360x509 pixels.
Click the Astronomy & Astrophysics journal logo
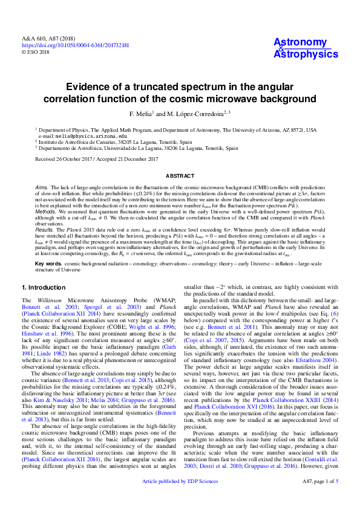[306, 48]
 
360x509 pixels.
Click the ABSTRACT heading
[180, 176]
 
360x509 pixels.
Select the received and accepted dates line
[97, 159]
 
